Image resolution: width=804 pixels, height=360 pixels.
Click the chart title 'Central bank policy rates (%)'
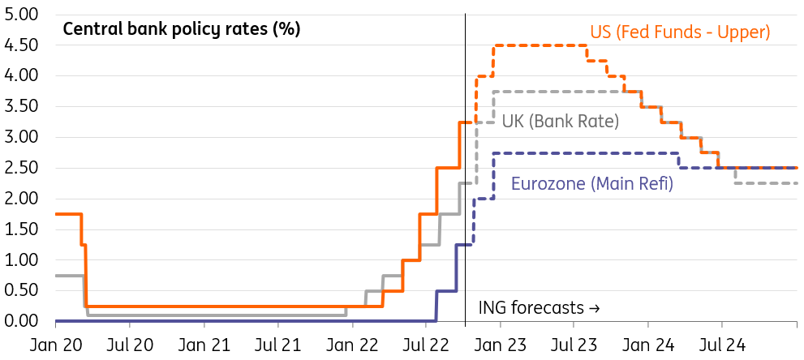point(182,30)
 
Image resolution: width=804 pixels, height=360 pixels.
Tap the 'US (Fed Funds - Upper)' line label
point(680,32)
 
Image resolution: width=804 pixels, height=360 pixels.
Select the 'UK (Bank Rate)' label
point(561,122)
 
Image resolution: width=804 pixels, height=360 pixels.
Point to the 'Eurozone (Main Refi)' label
point(592,183)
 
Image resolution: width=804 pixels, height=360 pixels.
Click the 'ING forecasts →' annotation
point(540,308)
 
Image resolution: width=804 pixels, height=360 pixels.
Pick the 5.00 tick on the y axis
point(22,15)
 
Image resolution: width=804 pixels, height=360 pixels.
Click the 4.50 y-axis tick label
point(22,45)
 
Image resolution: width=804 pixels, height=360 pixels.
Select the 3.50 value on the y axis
point(22,107)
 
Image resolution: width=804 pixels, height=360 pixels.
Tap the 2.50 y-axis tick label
point(22,168)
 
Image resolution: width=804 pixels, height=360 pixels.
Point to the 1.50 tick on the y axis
point(22,229)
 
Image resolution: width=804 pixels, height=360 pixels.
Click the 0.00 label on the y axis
point(22,322)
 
